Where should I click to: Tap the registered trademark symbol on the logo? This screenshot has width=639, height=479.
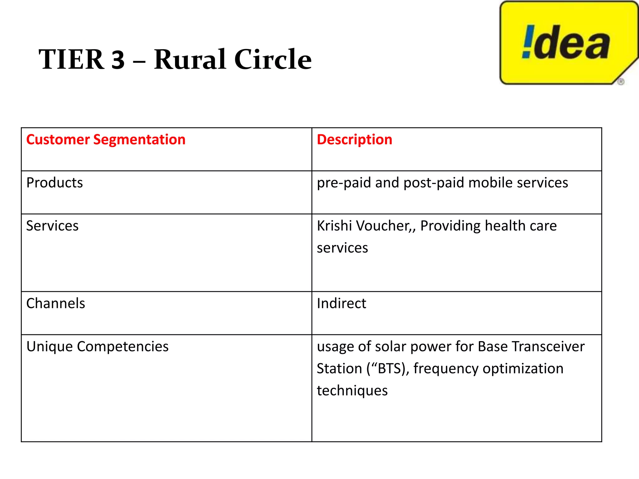pos(621,82)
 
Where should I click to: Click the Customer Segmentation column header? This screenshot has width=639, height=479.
pos(106,139)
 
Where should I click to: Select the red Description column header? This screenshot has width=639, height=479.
pos(354,139)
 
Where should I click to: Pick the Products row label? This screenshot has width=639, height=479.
pos(55,183)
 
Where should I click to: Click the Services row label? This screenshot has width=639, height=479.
pos(52,226)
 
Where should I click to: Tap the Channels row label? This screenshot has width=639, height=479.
pos(56,303)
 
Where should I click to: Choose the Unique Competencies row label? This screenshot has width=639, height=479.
pos(97,346)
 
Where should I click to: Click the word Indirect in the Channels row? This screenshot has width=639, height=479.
pos(341,303)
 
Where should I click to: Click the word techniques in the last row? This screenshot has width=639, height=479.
pos(352,391)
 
